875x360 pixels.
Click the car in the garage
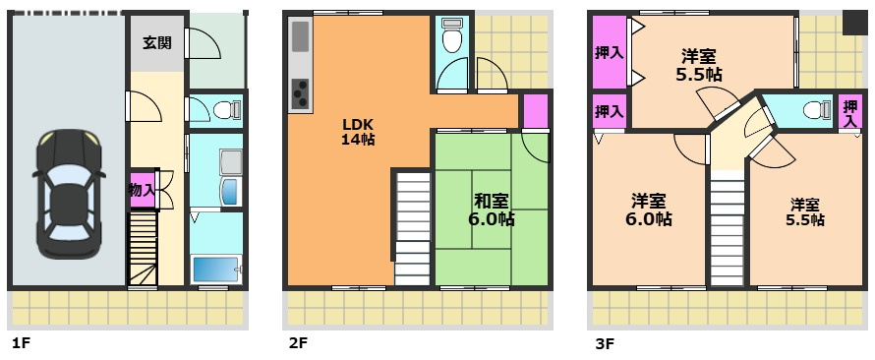(x=69, y=194)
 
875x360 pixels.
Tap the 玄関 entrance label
(x=156, y=42)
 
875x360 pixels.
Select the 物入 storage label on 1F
(x=142, y=189)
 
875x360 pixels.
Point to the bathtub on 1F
(x=216, y=270)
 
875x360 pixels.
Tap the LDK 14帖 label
(x=358, y=132)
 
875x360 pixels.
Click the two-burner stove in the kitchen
(x=300, y=92)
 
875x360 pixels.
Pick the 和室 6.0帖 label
(x=491, y=210)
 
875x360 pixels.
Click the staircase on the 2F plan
(x=413, y=229)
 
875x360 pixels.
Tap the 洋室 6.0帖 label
(x=648, y=210)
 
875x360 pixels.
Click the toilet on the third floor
(x=818, y=109)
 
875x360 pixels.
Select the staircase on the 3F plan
(x=728, y=228)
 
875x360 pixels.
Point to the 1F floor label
(x=22, y=343)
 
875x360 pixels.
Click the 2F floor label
(x=298, y=343)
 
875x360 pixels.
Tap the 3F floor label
(x=605, y=343)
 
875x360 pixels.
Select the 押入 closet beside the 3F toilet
(x=850, y=112)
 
